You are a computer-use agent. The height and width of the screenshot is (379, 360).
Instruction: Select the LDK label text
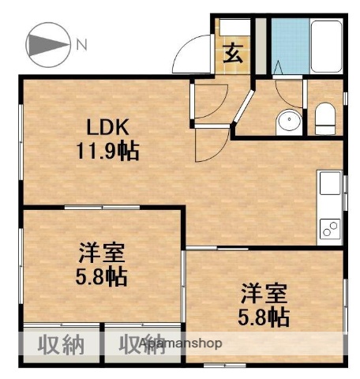[107, 128]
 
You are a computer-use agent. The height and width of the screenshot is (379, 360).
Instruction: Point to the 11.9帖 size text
[108, 151]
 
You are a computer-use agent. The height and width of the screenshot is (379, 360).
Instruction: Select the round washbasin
[288, 122]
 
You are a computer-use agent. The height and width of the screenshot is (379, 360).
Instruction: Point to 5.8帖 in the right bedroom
[264, 317]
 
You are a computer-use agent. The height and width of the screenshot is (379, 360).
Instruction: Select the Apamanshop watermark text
[181, 344]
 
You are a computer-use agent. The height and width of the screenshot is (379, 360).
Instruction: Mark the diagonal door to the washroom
[244, 111]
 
